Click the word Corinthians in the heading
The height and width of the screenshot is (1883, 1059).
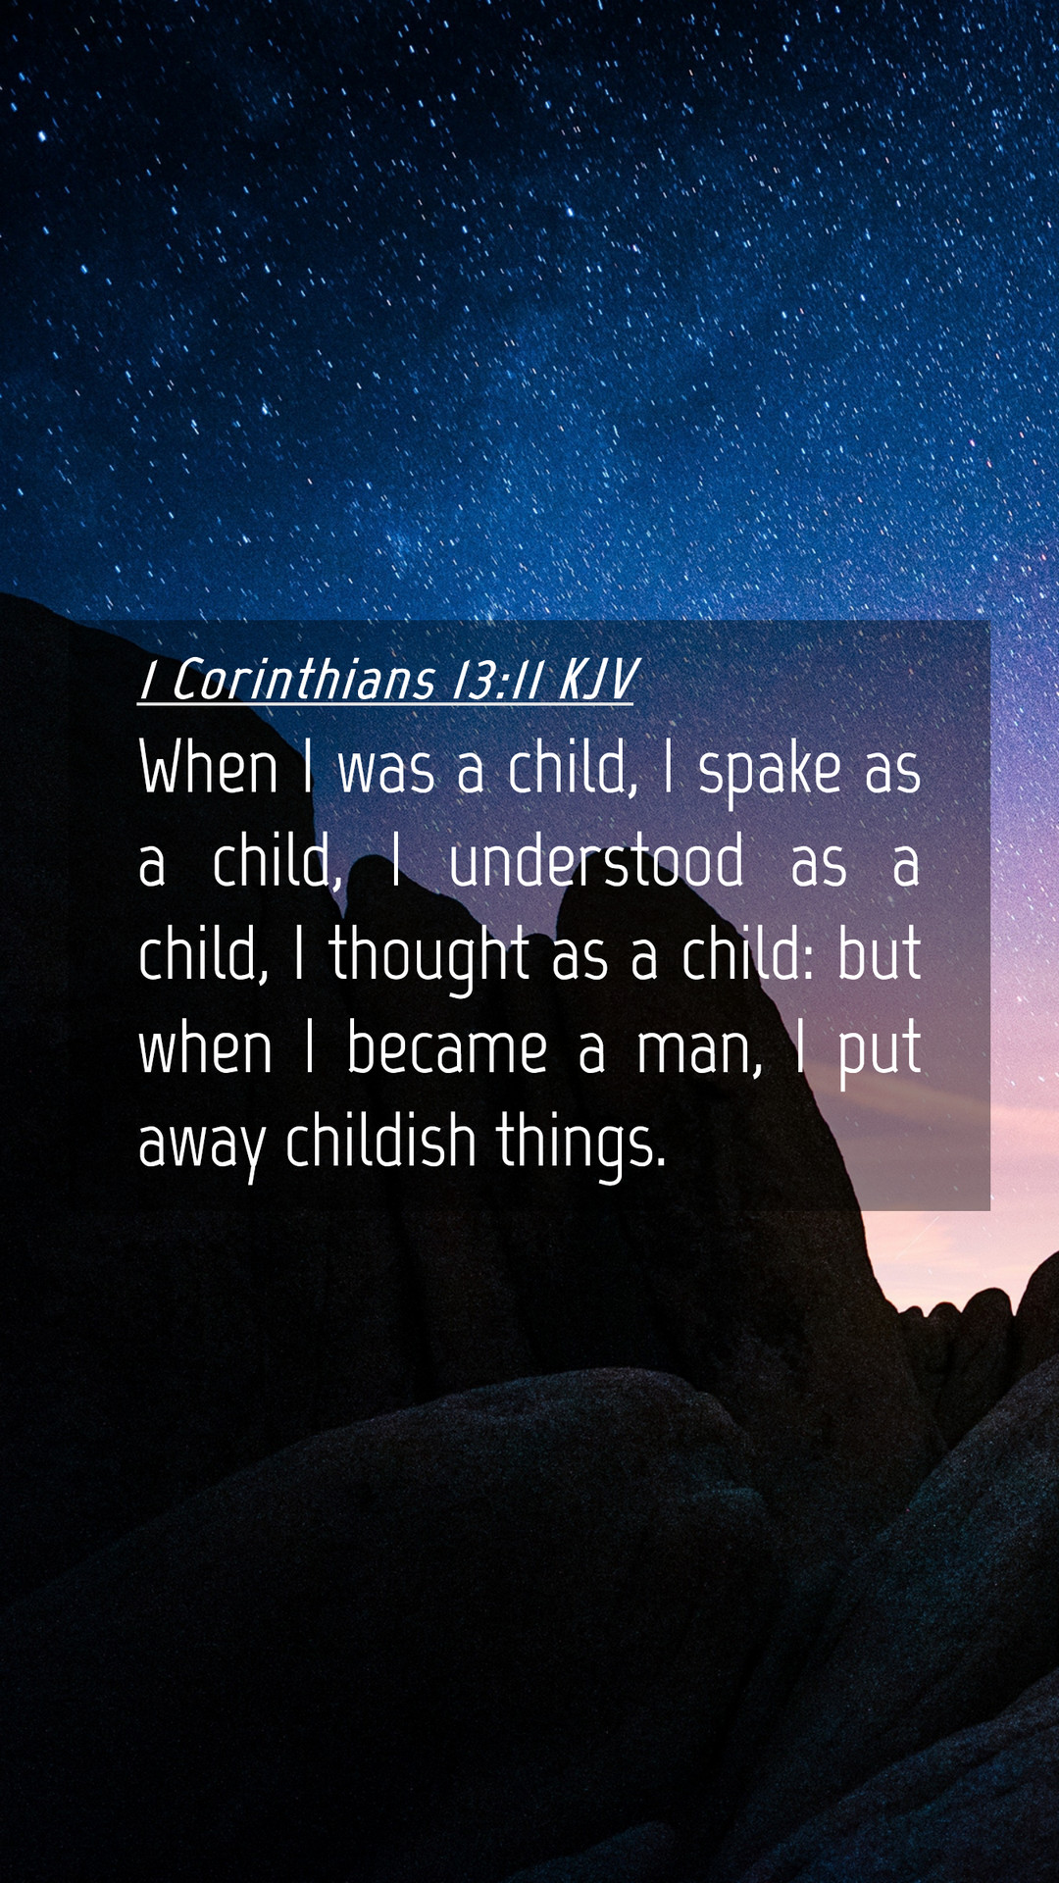[303, 680]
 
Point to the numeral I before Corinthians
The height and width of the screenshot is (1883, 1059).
[148, 680]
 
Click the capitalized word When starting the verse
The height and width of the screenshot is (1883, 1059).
[209, 767]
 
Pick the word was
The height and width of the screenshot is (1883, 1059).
[386, 771]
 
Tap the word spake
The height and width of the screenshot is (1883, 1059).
[770, 771]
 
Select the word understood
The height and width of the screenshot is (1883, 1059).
[596, 861]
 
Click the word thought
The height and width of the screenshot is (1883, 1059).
[429, 955]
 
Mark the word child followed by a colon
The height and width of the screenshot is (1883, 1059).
[748, 954]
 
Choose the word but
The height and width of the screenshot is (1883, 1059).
[880, 954]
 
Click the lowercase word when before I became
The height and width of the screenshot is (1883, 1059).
[206, 1048]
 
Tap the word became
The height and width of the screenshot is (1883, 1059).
[447, 1048]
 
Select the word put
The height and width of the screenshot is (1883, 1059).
[880, 1051]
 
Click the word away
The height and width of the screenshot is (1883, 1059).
[203, 1145]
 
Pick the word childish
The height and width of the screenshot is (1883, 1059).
[380, 1140]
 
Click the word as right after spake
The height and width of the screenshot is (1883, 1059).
[892, 771]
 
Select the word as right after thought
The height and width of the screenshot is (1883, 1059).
[580, 958]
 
